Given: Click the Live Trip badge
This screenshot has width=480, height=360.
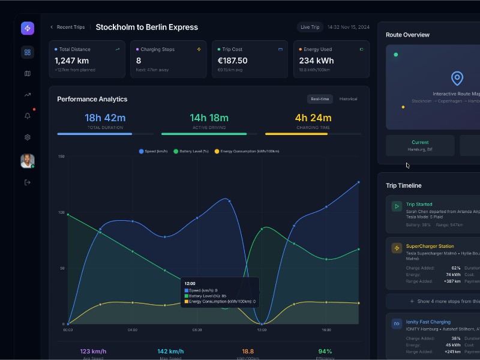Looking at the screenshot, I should tap(310, 27).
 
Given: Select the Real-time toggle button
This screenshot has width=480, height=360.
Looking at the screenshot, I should tap(319, 99).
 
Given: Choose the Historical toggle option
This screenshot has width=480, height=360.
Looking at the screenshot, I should tap(348, 99).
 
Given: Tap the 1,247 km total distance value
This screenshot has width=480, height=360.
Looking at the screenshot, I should tap(72, 61).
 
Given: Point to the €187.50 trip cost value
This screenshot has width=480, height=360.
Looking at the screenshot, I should tap(232, 61).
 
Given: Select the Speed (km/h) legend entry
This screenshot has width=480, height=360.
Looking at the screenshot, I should tap(154, 151).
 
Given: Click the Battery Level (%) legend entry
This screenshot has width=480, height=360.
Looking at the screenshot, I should tap(191, 151).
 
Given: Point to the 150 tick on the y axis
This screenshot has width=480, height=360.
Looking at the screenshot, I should tap(61, 157).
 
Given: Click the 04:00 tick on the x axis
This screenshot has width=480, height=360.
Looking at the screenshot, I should tap(133, 329).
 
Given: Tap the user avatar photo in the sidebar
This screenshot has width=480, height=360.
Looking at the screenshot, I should tap(27, 161).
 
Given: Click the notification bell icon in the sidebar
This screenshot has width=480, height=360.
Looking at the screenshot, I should tap(27, 116).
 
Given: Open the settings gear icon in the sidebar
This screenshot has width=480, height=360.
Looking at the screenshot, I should tap(27, 137).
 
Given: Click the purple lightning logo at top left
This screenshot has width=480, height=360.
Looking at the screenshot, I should tap(27, 28).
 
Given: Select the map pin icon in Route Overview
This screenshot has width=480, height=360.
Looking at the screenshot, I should tap(457, 79).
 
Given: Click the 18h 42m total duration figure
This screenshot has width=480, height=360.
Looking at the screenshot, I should tap(105, 118).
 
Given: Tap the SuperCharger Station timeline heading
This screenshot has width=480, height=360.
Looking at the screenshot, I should tap(430, 246).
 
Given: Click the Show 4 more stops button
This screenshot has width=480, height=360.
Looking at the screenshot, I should tap(444, 301).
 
